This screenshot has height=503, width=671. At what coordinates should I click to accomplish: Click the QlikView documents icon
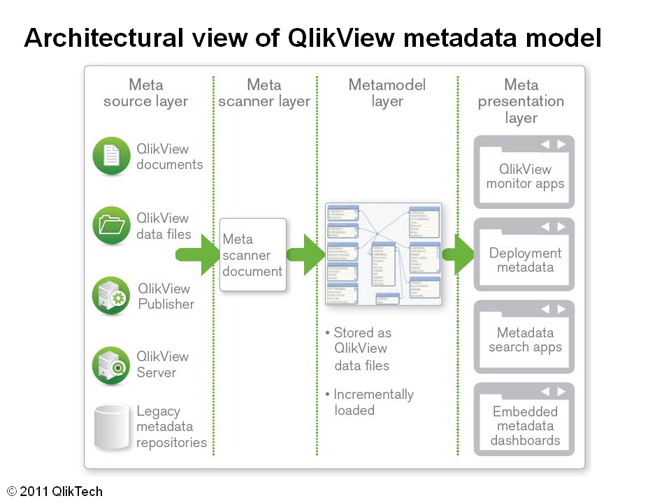[112, 156]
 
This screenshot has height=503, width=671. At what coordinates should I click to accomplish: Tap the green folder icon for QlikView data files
[112, 225]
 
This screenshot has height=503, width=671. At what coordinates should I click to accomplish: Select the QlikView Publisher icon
[112, 296]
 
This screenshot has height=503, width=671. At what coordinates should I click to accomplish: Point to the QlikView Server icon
[112, 365]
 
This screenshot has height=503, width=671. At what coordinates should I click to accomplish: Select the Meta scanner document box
[253, 255]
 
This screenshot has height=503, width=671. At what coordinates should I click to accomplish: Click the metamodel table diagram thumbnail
[384, 254]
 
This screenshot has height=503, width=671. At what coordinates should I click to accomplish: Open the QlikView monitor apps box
[524, 173]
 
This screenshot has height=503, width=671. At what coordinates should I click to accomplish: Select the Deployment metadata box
[524, 255]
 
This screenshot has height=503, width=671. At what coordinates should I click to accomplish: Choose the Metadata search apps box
[524, 337]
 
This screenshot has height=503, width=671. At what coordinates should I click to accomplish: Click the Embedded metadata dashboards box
[524, 420]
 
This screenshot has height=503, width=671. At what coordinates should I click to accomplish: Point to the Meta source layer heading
[146, 93]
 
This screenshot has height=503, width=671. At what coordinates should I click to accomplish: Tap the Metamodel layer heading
[387, 93]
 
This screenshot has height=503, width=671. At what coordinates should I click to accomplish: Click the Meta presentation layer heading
[521, 101]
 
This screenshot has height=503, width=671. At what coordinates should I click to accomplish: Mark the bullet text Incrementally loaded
[373, 402]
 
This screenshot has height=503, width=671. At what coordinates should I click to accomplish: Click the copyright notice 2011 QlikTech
[55, 492]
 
